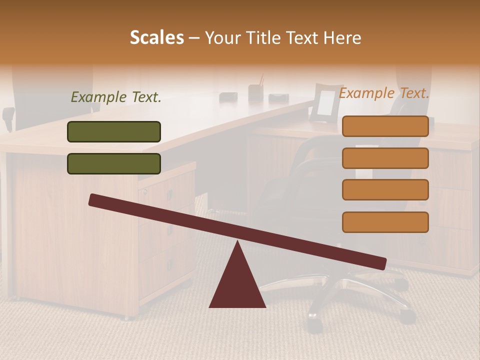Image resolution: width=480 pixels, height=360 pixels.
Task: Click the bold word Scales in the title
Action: pos(157,37)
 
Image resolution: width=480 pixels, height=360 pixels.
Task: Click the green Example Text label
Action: pos(116,97)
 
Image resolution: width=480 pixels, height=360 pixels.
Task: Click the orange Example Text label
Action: pos(384,93)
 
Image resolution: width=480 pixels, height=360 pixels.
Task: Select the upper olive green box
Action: pos(114,131)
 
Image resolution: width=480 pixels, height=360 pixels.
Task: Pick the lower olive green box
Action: pos(114,163)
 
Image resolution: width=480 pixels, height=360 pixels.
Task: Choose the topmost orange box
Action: pos(385,126)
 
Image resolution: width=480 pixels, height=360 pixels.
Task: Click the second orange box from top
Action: pos(385,158)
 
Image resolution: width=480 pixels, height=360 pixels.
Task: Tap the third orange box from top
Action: pos(385,189)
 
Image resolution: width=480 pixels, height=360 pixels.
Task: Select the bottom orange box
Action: pos(385,222)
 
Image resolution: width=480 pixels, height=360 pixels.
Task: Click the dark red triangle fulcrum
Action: pos(237,282)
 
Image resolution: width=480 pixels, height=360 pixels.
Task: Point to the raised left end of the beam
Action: pos(93,199)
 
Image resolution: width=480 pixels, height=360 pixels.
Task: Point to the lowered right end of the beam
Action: pos(382,263)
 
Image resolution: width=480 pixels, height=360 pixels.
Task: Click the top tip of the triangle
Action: pos(237,243)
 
